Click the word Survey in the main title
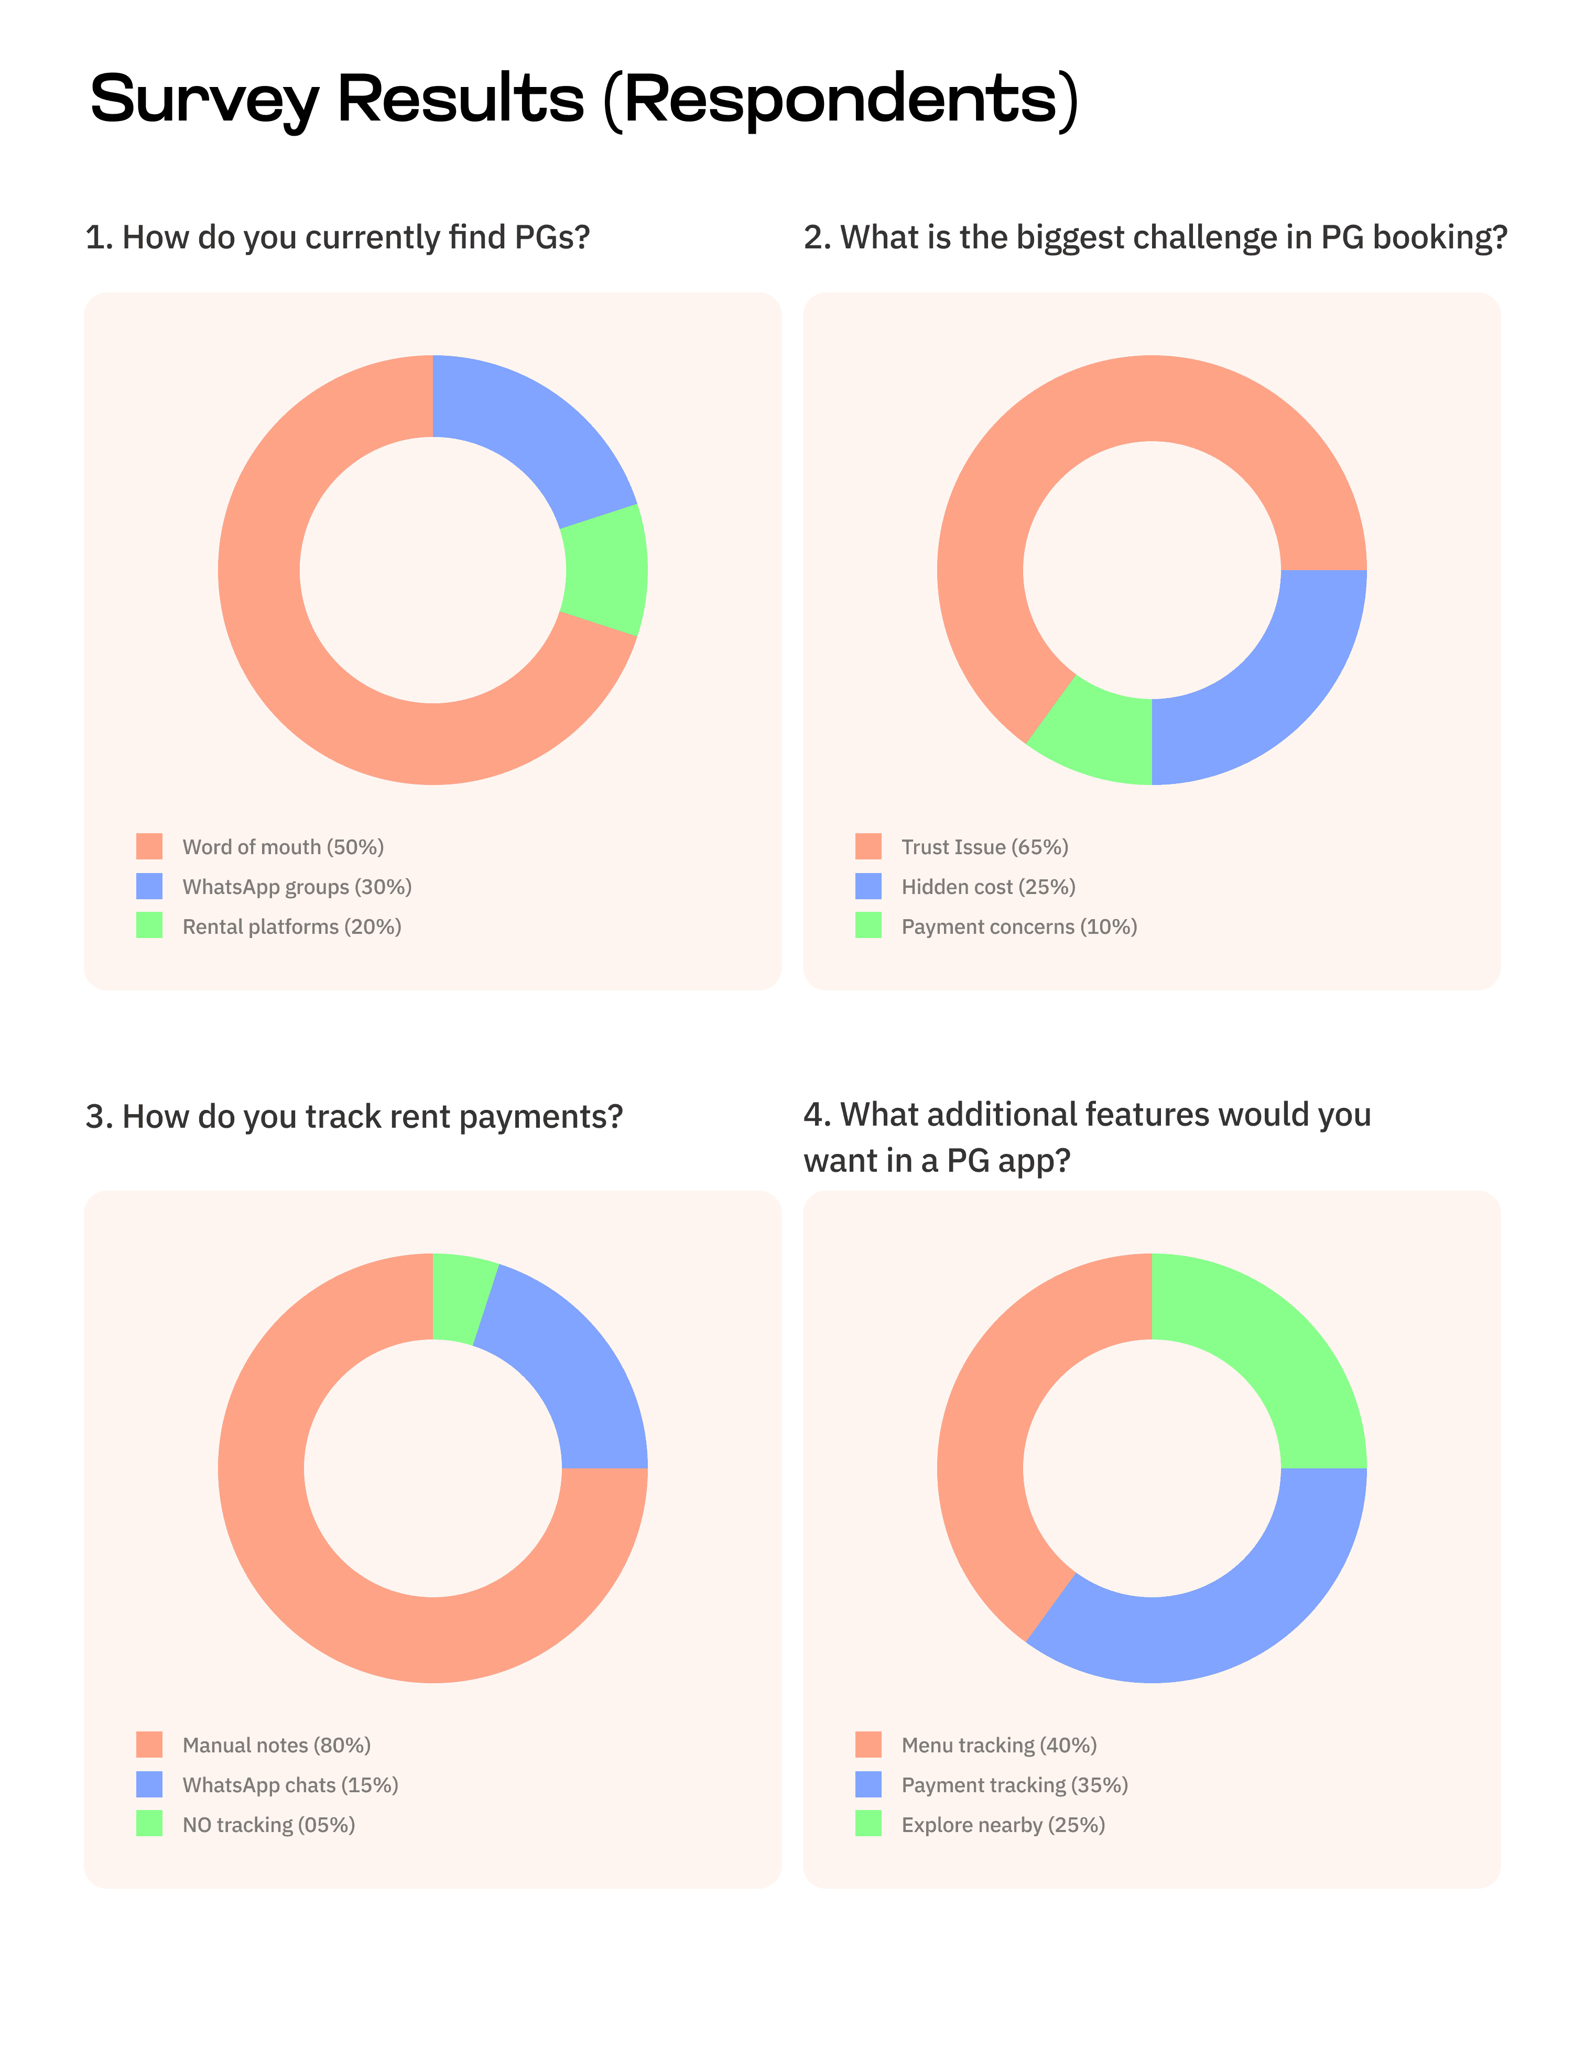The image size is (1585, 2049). coord(204,100)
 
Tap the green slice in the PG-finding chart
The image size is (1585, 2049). coord(605,570)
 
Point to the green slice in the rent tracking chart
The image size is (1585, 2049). coord(460,1300)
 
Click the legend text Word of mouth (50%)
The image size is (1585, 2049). coord(283,847)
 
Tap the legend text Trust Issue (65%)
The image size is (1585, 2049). coord(984,847)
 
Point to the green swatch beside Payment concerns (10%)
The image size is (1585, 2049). coord(868,926)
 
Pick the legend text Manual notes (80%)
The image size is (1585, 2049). coord(276,1745)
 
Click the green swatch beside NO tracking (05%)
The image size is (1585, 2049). coord(149,1824)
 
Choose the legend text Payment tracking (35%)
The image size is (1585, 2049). coord(1014,1784)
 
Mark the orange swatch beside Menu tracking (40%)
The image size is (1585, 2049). coord(868,1745)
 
